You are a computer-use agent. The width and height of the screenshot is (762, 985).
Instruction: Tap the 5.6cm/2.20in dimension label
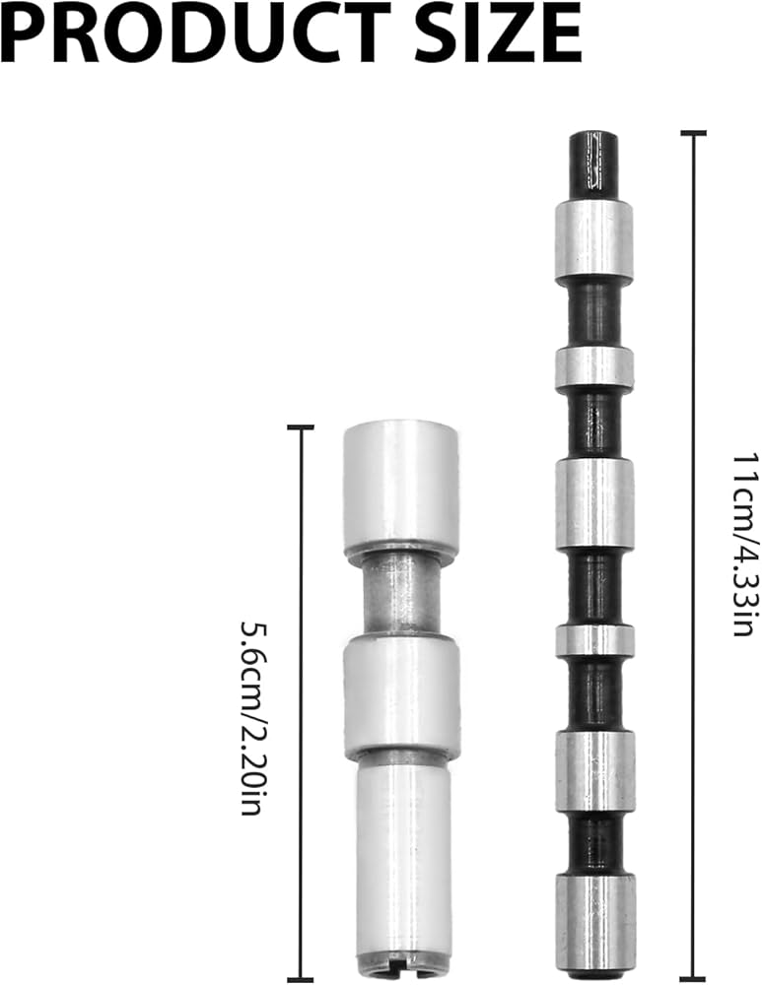[250, 718]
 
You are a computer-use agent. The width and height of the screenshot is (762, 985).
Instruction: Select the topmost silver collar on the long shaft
[593, 241]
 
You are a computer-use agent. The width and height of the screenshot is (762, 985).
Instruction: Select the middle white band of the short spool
[401, 696]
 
